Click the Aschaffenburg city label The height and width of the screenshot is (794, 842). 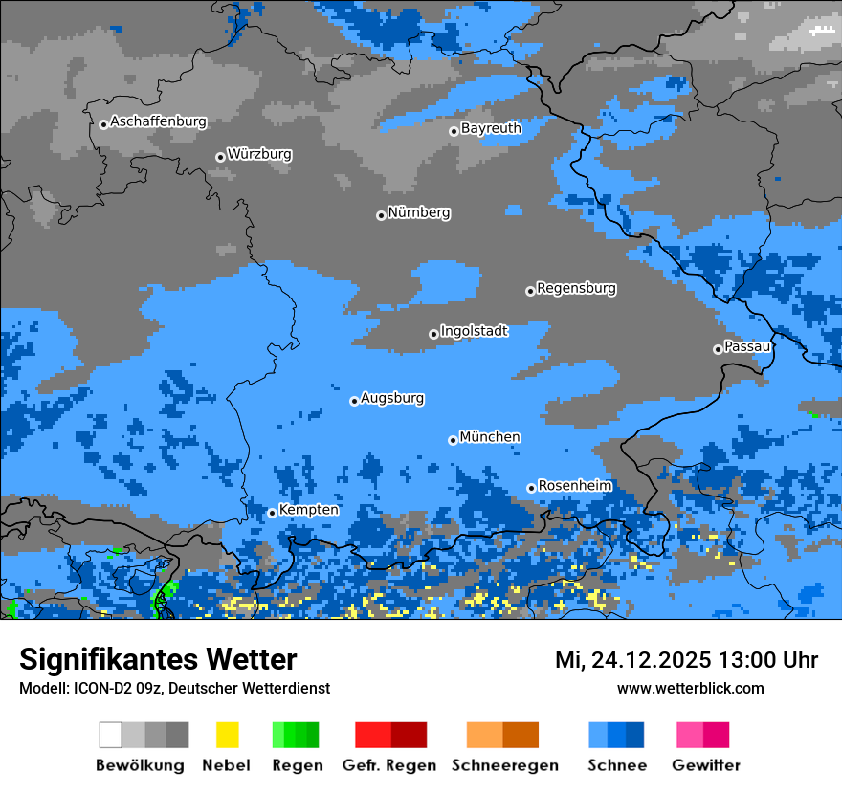point(158,122)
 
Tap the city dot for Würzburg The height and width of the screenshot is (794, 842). point(220,157)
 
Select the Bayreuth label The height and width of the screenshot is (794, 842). point(491,128)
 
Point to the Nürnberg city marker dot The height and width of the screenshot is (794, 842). point(381,215)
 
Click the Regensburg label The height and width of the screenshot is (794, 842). point(576,288)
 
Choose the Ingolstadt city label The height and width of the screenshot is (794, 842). point(474,331)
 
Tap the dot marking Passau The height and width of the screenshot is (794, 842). point(718,349)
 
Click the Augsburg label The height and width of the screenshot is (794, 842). point(392,398)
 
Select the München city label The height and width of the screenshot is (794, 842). point(490,437)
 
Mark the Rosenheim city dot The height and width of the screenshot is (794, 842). point(531,488)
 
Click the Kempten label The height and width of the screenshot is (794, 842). point(308,510)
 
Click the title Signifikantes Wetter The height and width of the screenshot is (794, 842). point(158,659)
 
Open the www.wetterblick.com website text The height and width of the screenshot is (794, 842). point(690,688)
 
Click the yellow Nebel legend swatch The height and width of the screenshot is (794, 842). point(227,735)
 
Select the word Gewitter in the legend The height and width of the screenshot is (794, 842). point(705,765)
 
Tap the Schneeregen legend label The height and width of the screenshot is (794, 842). point(504,765)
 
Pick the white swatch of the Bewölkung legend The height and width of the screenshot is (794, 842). point(111,735)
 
